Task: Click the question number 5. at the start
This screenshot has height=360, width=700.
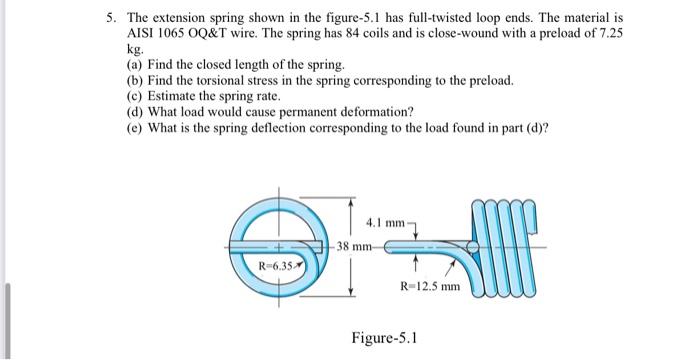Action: coord(113,19)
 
